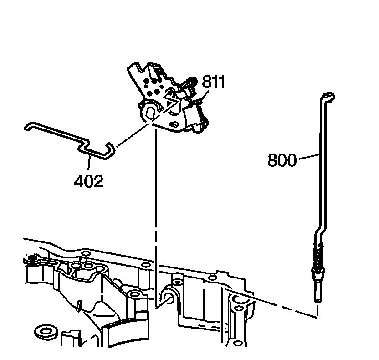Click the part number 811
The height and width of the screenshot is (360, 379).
tap(214, 82)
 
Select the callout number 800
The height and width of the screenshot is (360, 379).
tap(282, 160)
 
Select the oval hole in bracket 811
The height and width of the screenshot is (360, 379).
tap(149, 111)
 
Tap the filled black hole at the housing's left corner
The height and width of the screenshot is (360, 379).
tap(32, 259)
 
